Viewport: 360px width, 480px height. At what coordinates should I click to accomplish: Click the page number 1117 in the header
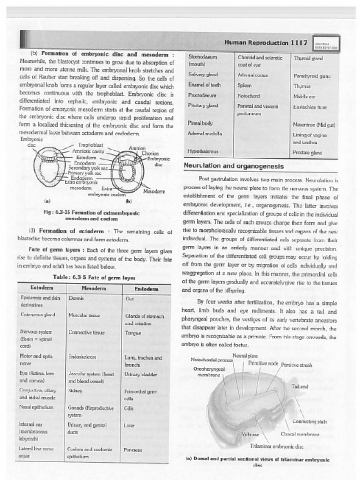point(299,43)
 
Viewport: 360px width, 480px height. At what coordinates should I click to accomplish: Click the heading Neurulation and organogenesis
point(233,166)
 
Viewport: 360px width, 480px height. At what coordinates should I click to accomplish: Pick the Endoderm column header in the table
point(146,289)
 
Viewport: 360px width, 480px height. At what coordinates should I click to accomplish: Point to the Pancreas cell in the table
point(133,449)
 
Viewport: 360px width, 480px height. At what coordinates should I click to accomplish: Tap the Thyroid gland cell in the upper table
point(308,58)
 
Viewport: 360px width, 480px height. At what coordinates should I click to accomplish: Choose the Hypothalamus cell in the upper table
point(203,151)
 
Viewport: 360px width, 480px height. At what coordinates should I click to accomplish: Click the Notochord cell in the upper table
point(248,96)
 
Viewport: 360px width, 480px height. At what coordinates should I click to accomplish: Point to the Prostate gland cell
point(307,152)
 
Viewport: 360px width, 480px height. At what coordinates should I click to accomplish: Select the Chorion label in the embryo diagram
point(150,153)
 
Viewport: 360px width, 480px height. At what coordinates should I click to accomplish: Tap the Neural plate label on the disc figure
point(245,355)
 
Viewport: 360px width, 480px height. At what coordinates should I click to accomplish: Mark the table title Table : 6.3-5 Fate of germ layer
point(94,277)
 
